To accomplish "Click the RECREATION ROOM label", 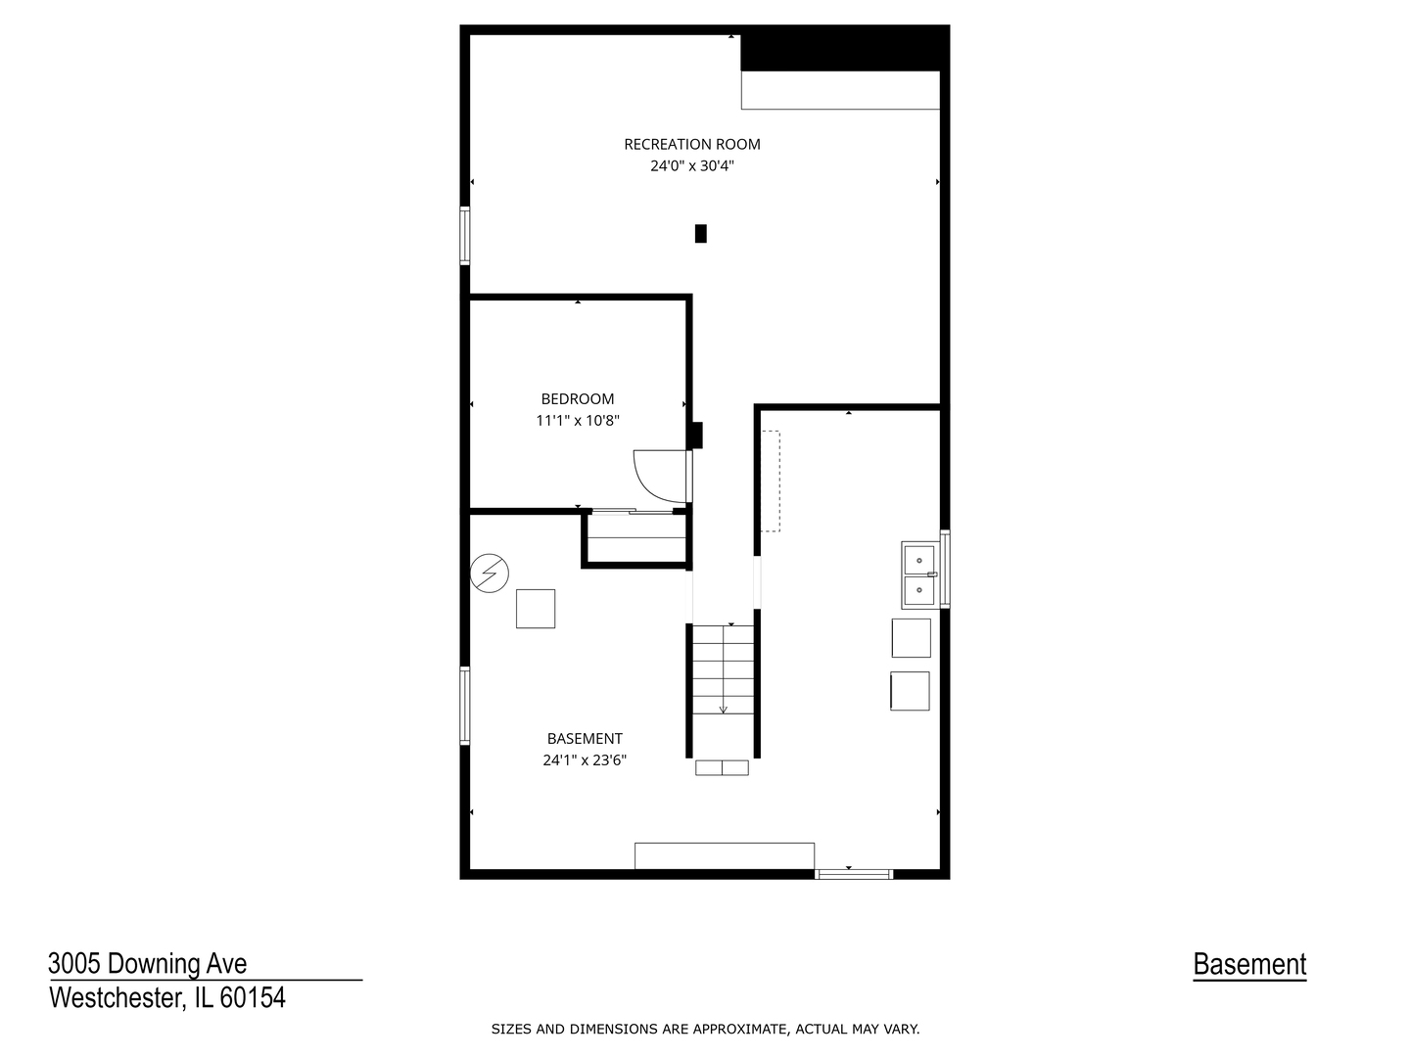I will pos(692,144).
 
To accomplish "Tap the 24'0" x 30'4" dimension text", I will pos(692,166).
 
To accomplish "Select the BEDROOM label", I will pos(578,398).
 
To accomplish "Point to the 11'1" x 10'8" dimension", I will pos(578,421).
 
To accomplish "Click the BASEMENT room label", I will pos(585,739).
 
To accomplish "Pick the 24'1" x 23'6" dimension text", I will pos(585,759).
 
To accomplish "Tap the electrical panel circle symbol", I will pos(490,574).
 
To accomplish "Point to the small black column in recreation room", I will pos(700,233).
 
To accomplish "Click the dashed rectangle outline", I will pos(771,481).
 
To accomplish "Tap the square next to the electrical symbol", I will pos(536,608).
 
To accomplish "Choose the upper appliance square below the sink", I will pos(911,638).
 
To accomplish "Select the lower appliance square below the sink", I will pos(910,691).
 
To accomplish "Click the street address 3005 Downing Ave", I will pos(148,964).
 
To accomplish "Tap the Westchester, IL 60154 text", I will pos(167,998).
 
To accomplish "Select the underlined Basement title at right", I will pos(1249,965).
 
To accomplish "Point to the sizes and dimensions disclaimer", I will pos(705,1029).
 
